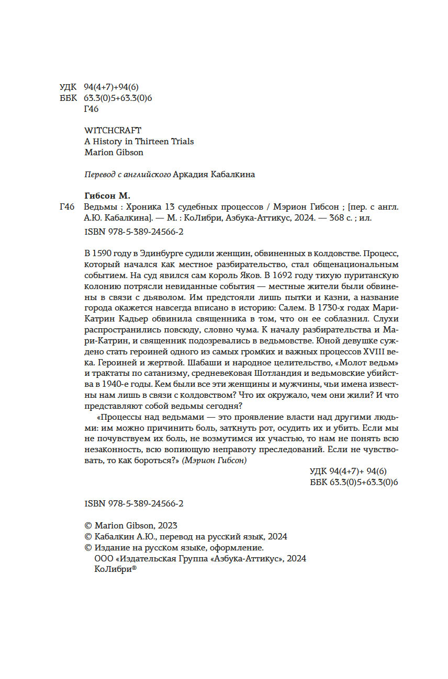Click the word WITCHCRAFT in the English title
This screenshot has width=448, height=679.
pyautogui.click(x=113, y=130)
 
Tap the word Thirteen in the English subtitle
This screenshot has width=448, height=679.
pyautogui.click(x=151, y=141)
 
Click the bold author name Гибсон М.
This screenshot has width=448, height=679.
pyautogui.click(x=107, y=196)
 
